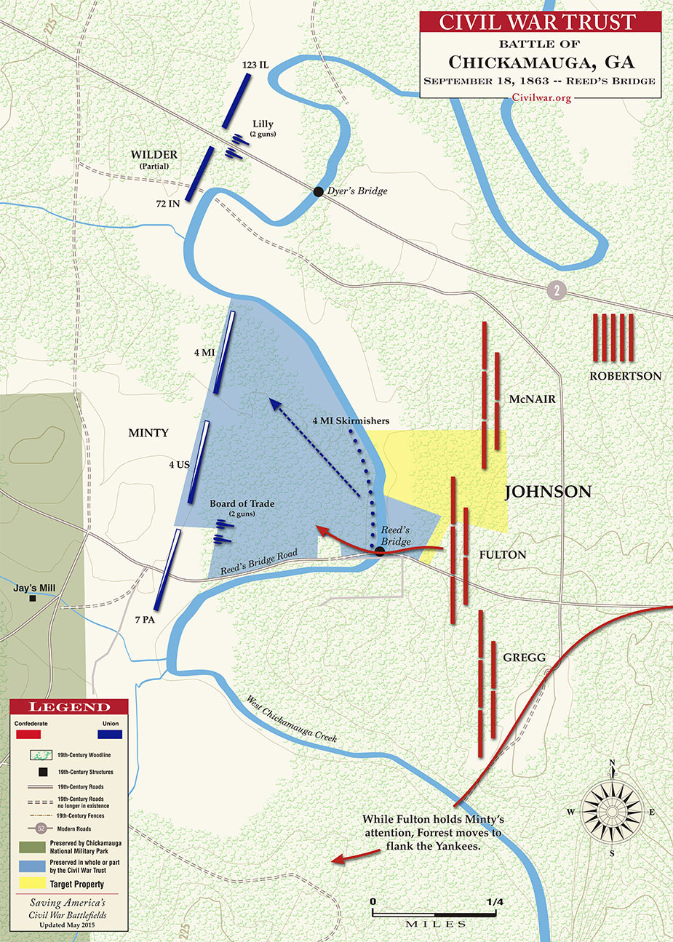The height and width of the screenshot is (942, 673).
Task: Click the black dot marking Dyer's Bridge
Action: (318, 191)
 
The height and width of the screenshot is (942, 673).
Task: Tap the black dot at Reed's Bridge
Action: (379, 552)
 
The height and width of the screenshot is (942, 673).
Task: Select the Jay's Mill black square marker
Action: (33, 599)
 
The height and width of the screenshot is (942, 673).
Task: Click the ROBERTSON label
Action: (625, 376)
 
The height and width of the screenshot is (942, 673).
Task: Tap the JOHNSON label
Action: (548, 492)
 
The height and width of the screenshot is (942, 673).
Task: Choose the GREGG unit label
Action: (524, 658)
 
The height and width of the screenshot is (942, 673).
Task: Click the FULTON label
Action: (503, 554)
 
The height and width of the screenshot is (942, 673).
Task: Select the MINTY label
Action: (148, 433)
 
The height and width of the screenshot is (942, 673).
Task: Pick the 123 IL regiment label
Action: (255, 65)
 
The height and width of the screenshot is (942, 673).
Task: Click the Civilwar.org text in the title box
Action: (541, 97)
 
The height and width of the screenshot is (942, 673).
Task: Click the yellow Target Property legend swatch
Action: (31, 884)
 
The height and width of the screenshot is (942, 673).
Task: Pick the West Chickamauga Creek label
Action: (291, 719)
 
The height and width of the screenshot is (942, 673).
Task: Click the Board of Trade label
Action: (242, 503)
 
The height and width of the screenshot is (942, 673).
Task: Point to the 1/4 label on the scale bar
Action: (494, 902)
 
